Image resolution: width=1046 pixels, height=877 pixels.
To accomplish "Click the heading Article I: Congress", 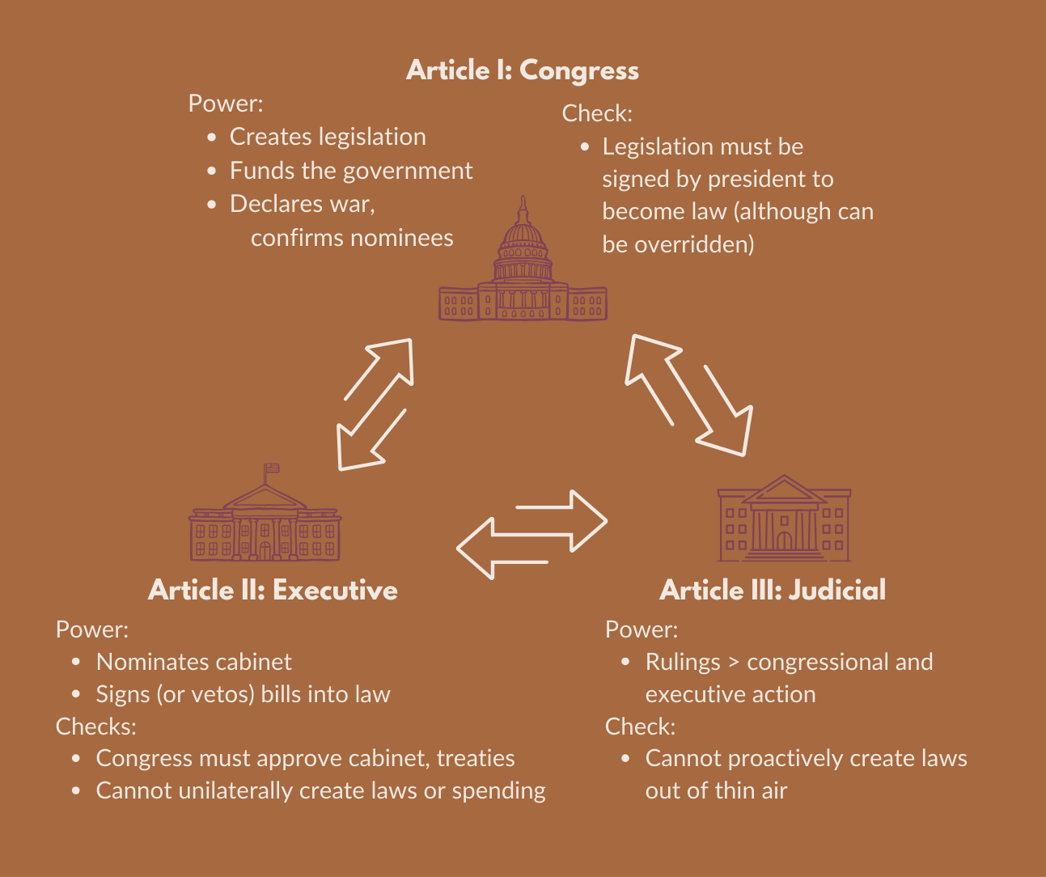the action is (522, 70).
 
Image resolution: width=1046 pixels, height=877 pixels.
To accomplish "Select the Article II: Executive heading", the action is (273, 590).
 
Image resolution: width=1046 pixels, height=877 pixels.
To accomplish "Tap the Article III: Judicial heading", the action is (773, 590).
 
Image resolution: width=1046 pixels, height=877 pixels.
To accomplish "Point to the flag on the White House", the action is (272, 468).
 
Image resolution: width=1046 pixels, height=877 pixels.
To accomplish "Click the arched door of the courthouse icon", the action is (784, 540).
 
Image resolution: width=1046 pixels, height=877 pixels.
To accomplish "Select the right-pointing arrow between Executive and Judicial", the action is (563, 519).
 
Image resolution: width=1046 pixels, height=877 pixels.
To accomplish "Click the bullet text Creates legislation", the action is (328, 137).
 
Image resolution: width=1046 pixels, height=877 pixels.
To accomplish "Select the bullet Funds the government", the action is (351, 171).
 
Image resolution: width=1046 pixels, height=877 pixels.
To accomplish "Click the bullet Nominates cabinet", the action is (193, 662).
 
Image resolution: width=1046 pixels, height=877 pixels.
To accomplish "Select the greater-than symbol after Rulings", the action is (733, 663).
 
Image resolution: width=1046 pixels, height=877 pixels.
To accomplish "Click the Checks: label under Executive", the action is (95, 727).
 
